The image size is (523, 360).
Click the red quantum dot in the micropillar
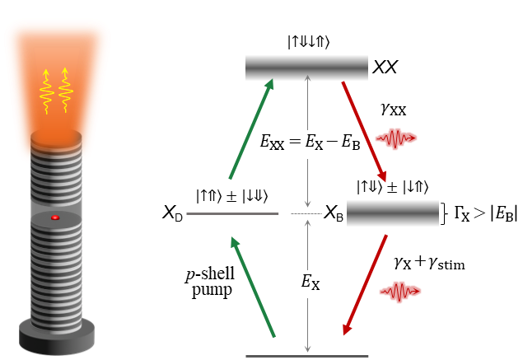[x=55, y=217]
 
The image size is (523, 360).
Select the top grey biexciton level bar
[x=306, y=68]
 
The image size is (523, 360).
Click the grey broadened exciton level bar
[x=392, y=213]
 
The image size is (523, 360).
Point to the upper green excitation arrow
[x=251, y=128]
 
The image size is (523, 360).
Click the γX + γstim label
[x=427, y=263]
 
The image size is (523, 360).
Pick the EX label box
[x=311, y=284]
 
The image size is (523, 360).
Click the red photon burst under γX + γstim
[x=400, y=291]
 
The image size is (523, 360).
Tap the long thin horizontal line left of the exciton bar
[x=232, y=214]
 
